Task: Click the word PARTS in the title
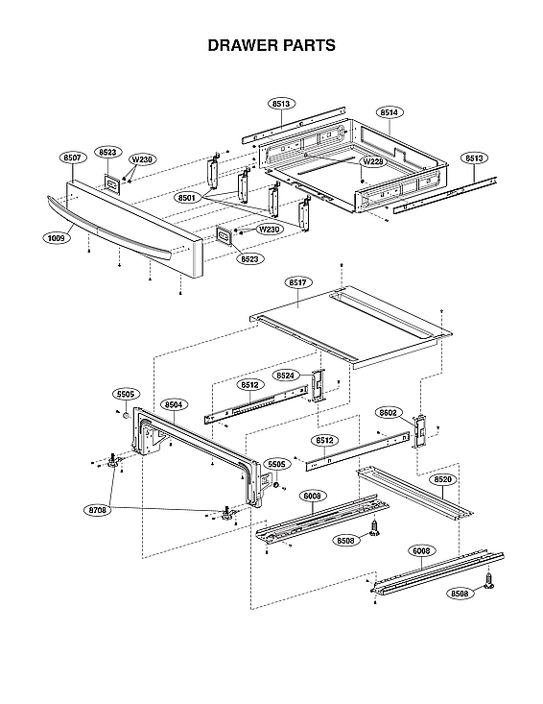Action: [307, 45]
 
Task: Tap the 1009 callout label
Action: [56, 237]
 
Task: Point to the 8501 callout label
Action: [188, 197]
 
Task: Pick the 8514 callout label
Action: [389, 113]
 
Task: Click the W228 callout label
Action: [372, 161]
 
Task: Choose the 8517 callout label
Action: [296, 282]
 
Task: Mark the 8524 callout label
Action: [285, 375]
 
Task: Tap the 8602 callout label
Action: [389, 413]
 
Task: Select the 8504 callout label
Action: [174, 405]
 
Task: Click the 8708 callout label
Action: [98, 510]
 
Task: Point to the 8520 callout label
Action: [442, 478]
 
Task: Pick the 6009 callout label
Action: [313, 496]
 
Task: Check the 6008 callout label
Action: [423, 551]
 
